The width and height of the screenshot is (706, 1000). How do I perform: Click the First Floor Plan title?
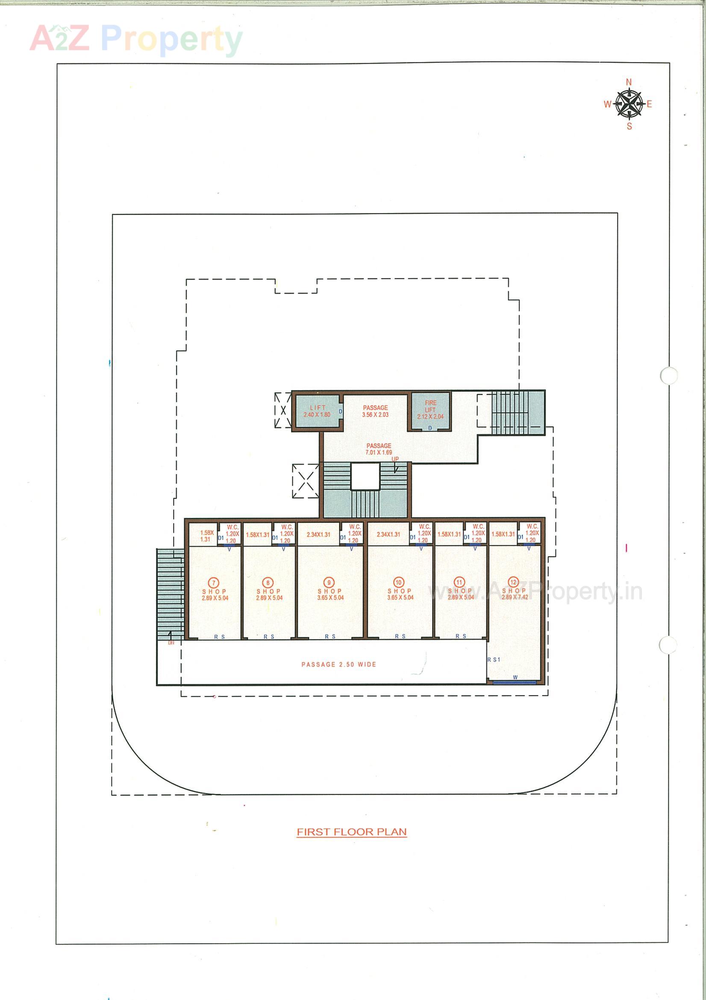click(x=352, y=831)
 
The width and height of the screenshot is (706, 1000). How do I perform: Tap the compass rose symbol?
click(x=629, y=104)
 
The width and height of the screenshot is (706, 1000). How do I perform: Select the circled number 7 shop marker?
click(x=213, y=582)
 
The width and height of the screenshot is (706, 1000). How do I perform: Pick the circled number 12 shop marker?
click(x=514, y=582)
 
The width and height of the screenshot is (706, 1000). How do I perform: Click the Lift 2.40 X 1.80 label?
click(x=317, y=411)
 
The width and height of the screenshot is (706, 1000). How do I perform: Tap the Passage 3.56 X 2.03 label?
click(x=375, y=411)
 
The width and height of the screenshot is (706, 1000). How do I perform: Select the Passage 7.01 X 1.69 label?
click(x=379, y=449)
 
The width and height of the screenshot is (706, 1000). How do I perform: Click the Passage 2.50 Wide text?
click(x=338, y=664)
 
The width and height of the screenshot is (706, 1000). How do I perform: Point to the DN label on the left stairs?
click(x=171, y=642)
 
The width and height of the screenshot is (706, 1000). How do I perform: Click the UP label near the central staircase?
click(x=395, y=459)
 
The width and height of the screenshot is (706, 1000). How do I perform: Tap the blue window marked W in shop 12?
click(x=515, y=683)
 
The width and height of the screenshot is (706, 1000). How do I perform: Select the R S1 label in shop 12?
click(x=494, y=660)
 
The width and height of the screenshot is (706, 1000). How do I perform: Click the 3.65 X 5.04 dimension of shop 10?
click(x=400, y=598)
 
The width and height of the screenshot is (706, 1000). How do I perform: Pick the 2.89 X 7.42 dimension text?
click(x=515, y=597)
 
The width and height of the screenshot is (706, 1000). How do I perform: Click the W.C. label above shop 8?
click(x=287, y=527)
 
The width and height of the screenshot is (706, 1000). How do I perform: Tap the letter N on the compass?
click(x=629, y=82)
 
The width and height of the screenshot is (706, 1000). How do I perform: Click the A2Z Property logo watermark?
click(x=136, y=39)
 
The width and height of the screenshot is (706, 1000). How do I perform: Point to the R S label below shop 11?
click(x=461, y=636)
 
